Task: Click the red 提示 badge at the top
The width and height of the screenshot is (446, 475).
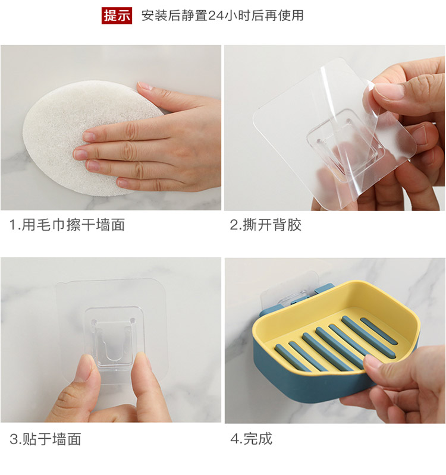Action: pos(117,15)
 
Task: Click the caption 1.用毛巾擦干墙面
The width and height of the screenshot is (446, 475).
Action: pos(67,225)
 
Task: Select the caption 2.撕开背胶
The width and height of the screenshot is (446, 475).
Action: pos(265,225)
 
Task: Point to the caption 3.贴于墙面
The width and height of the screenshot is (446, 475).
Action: pos(45,439)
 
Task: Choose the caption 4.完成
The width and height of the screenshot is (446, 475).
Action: pos(251,439)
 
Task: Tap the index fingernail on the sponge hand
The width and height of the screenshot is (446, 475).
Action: pos(90,137)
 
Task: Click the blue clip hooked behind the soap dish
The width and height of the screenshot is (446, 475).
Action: pos(324,290)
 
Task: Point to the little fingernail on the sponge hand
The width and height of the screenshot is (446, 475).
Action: pos(123,183)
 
